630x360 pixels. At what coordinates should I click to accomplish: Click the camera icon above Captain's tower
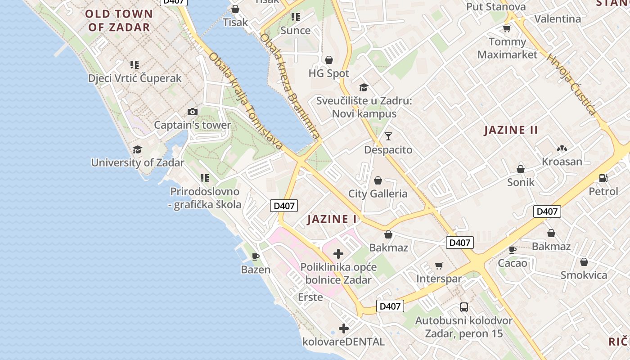(192, 112)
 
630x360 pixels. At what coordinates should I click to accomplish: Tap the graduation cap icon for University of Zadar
(137, 149)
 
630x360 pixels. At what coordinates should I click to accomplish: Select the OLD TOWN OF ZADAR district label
(119, 20)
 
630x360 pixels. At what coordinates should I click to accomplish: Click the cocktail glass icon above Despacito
(388, 136)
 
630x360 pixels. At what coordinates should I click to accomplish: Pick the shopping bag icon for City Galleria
(378, 180)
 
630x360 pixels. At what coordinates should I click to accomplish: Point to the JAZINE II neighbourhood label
(511, 130)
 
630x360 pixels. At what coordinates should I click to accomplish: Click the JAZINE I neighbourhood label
(332, 219)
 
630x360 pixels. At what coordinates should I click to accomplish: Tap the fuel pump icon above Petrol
(603, 178)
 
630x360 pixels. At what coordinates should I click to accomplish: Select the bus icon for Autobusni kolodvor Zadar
(464, 307)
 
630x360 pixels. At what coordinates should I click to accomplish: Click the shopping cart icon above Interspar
(439, 265)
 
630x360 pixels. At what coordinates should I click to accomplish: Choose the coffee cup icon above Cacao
(512, 250)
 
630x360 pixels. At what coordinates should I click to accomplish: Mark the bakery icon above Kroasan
(562, 148)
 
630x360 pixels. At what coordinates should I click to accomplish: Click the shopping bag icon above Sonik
(521, 169)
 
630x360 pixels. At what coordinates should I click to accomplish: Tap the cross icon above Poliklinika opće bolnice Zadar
(338, 254)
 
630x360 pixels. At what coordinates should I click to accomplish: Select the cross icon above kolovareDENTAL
(344, 328)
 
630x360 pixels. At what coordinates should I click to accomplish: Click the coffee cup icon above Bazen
(256, 256)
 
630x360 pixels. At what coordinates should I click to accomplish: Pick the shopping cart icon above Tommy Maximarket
(507, 29)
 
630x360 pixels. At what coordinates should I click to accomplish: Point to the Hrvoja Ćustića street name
(571, 84)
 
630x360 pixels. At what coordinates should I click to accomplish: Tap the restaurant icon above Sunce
(295, 17)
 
